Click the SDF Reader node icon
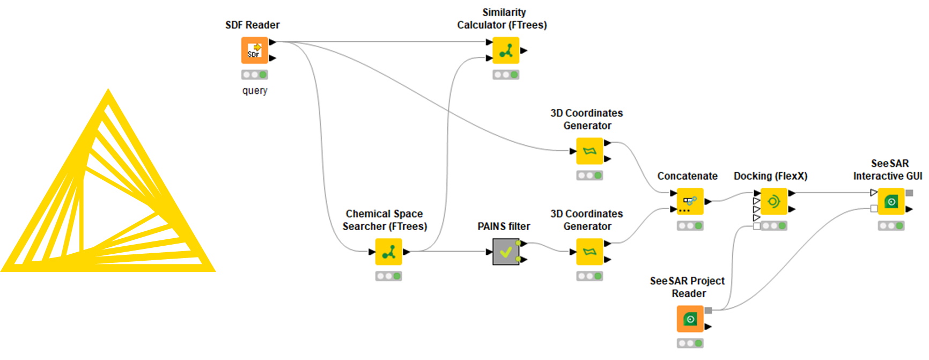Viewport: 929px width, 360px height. tap(254, 50)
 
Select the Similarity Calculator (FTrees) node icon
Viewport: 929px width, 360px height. tap(506, 50)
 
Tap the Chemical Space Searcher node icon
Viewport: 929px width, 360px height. tap(388, 252)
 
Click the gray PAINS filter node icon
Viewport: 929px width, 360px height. tap(506, 252)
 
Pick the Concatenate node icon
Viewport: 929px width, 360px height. tap(690, 202)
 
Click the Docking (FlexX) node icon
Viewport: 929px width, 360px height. tap(773, 202)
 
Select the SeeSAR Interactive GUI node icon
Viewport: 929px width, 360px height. tap(891, 202)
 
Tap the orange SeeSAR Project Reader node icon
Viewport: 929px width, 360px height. tap(690, 319)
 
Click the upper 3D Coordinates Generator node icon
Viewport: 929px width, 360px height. tap(589, 151)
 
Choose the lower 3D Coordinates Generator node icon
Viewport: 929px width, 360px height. tap(589, 252)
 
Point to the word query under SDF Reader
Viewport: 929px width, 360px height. tap(254, 91)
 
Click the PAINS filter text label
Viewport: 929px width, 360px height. tap(504, 226)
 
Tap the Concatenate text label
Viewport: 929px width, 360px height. tap(687, 176)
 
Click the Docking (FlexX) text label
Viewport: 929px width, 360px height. tap(770, 176)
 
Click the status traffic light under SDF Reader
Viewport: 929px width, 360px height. tap(254, 75)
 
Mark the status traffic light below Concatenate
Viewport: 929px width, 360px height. tap(690, 226)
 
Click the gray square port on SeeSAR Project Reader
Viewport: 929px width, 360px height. tap(708, 310)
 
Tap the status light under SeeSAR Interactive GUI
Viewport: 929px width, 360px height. tap(891, 226)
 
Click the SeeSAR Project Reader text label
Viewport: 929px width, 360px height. tap(687, 287)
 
